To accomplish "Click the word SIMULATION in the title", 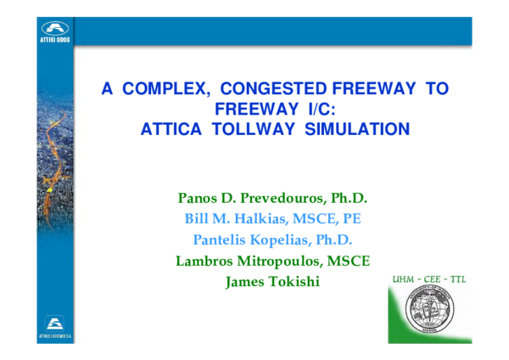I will tap(361, 129).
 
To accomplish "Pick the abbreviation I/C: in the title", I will tap(319, 109).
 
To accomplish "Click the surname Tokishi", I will tap(292, 281).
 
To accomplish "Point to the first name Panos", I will tap(195, 198).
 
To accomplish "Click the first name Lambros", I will tap(203, 261).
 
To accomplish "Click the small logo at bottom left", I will tap(55, 327).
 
